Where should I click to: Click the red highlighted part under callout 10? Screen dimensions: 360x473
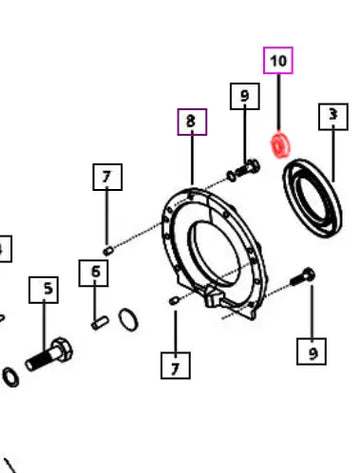click(280, 146)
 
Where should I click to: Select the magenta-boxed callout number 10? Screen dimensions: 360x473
click(278, 60)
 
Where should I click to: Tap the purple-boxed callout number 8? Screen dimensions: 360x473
click(192, 122)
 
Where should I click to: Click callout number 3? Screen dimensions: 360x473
click(333, 116)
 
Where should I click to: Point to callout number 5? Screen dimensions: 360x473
click(44, 290)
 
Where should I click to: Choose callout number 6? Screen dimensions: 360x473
click(93, 273)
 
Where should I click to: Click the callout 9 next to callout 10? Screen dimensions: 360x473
click(245, 96)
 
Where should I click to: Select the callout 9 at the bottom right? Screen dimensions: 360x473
click(311, 351)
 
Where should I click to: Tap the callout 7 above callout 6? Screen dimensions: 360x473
click(107, 177)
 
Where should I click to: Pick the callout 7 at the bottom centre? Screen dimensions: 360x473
click(175, 365)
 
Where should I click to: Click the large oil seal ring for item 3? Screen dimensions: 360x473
click(312, 198)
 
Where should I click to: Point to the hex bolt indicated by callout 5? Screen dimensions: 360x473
click(49, 354)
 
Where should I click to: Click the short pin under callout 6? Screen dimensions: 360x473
click(100, 323)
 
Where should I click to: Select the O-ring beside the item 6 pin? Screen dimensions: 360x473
click(128, 320)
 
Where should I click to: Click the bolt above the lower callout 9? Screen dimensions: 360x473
click(303, 277)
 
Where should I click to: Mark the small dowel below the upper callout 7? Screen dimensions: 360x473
click(107, 251)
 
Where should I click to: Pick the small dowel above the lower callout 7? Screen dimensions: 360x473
click(174, 301)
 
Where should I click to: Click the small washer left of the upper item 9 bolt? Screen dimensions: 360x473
click(231, 176)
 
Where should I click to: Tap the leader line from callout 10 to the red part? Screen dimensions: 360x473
click(279, 102)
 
